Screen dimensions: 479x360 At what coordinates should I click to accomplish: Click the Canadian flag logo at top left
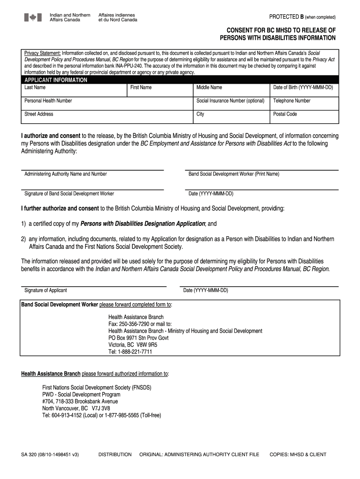coord(33,17)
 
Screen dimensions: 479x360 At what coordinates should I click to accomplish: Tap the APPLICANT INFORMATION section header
coord(56,80)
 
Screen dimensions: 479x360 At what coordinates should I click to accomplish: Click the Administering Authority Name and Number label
coord(65,174)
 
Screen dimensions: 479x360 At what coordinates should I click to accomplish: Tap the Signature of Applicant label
coord(45,290)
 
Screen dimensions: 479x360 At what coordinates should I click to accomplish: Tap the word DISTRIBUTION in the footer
coord(115,454)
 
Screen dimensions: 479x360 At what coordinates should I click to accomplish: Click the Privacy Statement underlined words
coord(43,53)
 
